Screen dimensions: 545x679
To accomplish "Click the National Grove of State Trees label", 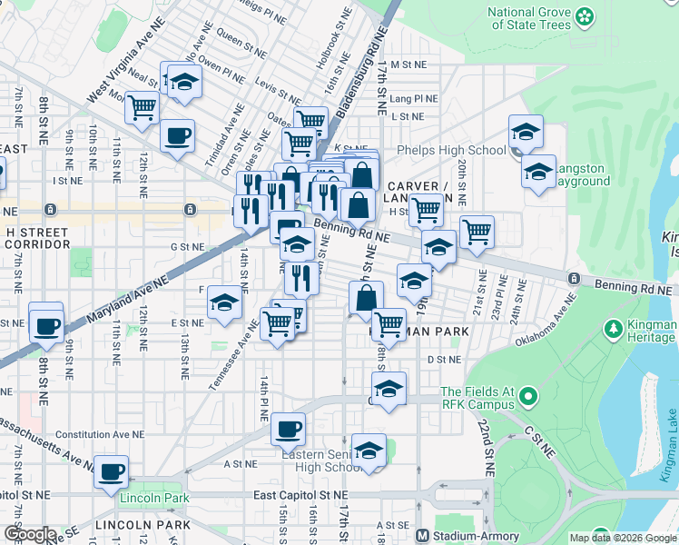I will [530, 18].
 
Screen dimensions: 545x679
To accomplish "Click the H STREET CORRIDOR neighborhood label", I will [36, 239].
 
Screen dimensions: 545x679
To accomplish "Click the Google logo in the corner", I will [29, 534].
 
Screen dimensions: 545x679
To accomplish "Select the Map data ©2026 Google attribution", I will [623, 538].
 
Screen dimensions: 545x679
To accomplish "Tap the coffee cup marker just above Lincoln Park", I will [112, 471].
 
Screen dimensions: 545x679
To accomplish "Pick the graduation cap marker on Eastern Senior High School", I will [368, 451].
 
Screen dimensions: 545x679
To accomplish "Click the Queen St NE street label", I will [240, 41].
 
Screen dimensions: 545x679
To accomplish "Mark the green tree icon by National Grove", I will [585, 16].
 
